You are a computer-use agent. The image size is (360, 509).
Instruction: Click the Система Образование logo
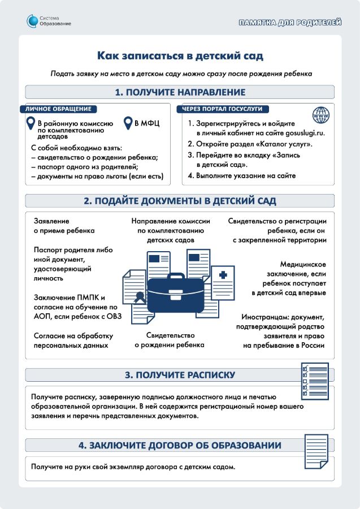49,21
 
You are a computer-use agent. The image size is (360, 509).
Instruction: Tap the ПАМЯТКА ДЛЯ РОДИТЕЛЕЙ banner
290,23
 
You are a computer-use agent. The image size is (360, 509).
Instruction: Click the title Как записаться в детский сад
180,55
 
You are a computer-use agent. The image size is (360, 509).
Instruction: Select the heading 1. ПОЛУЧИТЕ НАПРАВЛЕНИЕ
180,92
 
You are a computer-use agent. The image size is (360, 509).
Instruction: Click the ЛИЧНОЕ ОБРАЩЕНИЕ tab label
58,109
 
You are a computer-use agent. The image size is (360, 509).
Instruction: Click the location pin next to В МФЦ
129,122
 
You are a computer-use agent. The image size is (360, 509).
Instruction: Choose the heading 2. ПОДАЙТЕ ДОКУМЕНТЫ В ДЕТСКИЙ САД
180,201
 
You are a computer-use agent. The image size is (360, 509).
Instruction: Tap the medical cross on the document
223,275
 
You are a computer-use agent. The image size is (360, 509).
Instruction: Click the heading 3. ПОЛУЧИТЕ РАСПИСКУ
180,375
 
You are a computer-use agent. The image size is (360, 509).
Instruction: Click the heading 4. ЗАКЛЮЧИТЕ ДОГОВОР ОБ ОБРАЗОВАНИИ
180,446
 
